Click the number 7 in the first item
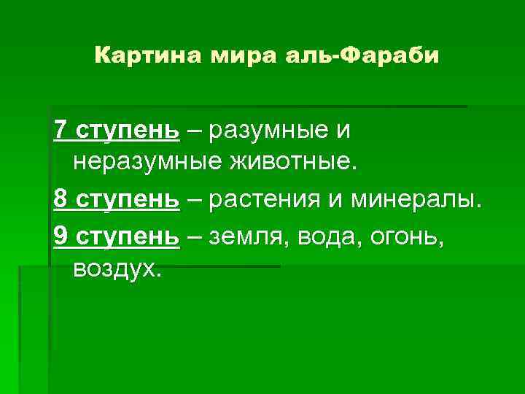(61, 131)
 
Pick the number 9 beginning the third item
(61, 235)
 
